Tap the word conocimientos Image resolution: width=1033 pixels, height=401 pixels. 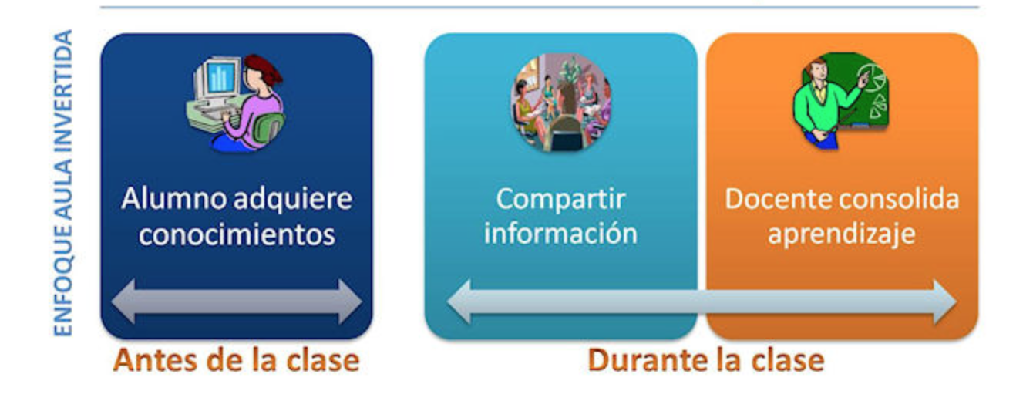[237, 234]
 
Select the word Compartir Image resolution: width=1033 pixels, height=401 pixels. [560, 199]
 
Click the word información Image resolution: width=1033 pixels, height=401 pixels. [560, 233]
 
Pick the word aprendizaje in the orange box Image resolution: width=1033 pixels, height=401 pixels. [842, 234]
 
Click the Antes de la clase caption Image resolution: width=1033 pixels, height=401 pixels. [236, 360]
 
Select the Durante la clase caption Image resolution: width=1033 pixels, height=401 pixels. [705, 360]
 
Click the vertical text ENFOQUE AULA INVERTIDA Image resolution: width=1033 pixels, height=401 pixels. [63, 184]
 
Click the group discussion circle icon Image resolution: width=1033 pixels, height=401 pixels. [560, 102]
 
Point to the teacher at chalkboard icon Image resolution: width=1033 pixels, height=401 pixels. [840, 100]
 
